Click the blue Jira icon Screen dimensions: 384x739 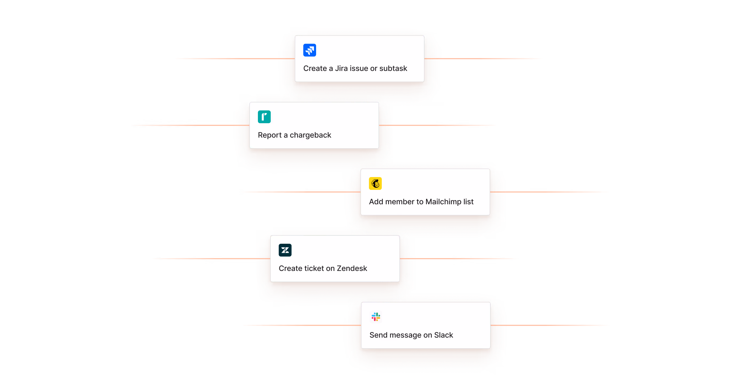(309, 50)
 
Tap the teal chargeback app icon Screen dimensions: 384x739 (264, 117)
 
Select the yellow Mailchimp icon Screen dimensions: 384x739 (375, 183)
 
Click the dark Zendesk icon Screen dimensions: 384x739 (285, 250)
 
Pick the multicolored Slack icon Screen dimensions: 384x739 (376, 317)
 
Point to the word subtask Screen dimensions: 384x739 (393, 69)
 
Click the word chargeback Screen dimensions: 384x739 (310, 135)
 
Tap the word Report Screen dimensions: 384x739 (270, 135)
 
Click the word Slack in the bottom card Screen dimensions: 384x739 (443, 335)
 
